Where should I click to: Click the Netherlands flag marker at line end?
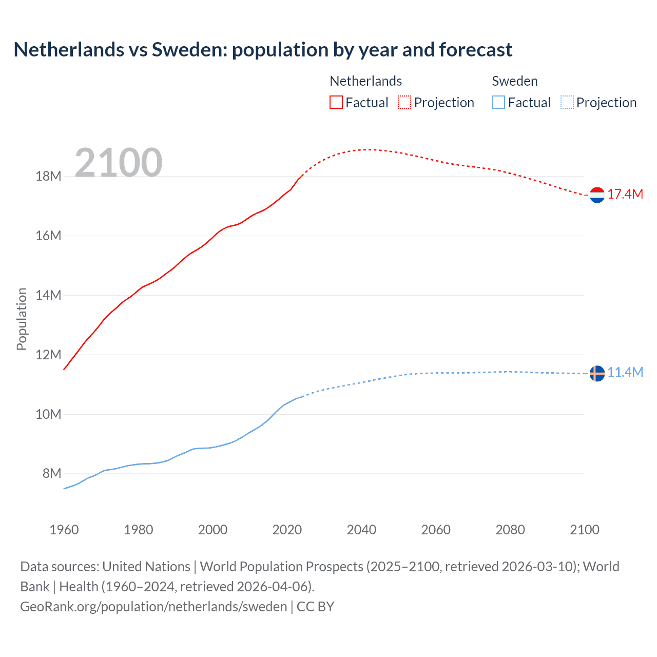597,195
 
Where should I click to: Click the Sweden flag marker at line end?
597,374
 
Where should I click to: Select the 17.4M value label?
625,195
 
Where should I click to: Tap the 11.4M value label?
625,373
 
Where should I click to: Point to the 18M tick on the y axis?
48,177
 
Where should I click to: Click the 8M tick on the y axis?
52,474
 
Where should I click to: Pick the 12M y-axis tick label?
48,355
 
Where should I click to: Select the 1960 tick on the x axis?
64,530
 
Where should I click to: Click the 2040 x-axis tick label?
361,530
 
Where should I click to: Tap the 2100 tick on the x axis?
584,530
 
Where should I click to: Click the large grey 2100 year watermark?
119,163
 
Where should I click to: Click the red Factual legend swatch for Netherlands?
336,103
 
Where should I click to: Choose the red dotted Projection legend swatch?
404,103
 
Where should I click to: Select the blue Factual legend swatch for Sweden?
498,103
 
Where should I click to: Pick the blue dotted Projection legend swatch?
567,103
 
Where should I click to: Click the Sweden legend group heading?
515,81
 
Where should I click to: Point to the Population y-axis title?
22,319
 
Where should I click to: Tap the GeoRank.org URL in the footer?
153,607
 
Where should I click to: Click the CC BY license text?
316,607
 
